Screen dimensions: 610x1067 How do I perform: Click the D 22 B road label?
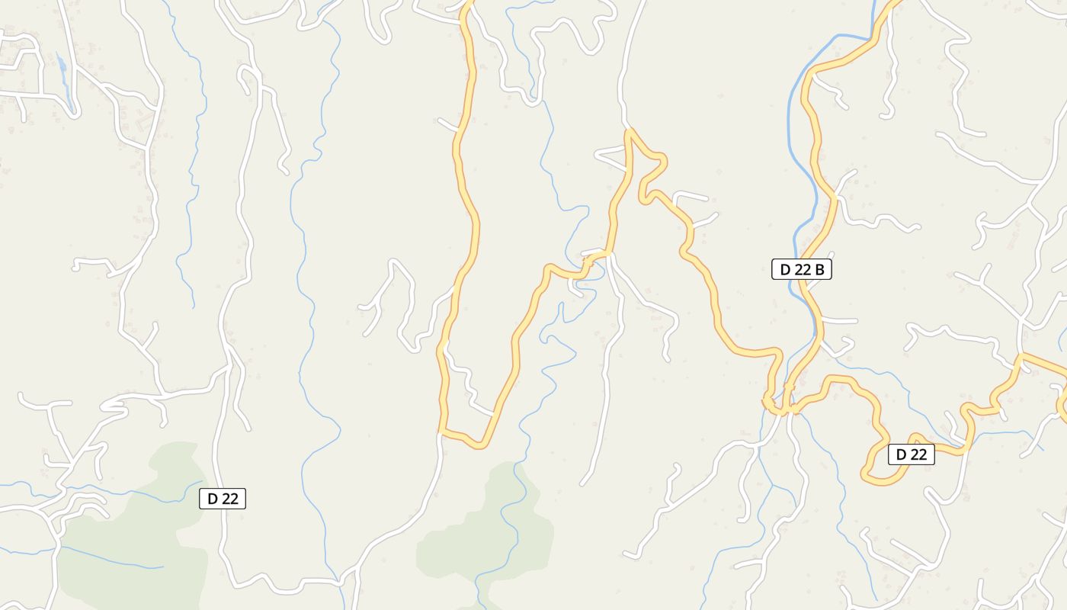point(801,269)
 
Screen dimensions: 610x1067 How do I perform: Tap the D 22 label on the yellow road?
point(911,454)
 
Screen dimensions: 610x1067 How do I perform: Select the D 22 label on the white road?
point(223,499)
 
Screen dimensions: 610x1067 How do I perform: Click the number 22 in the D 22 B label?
point(803,269)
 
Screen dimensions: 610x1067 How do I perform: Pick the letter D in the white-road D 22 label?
point(212,499)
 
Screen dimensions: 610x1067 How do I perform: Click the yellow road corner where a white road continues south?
point(441,432)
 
